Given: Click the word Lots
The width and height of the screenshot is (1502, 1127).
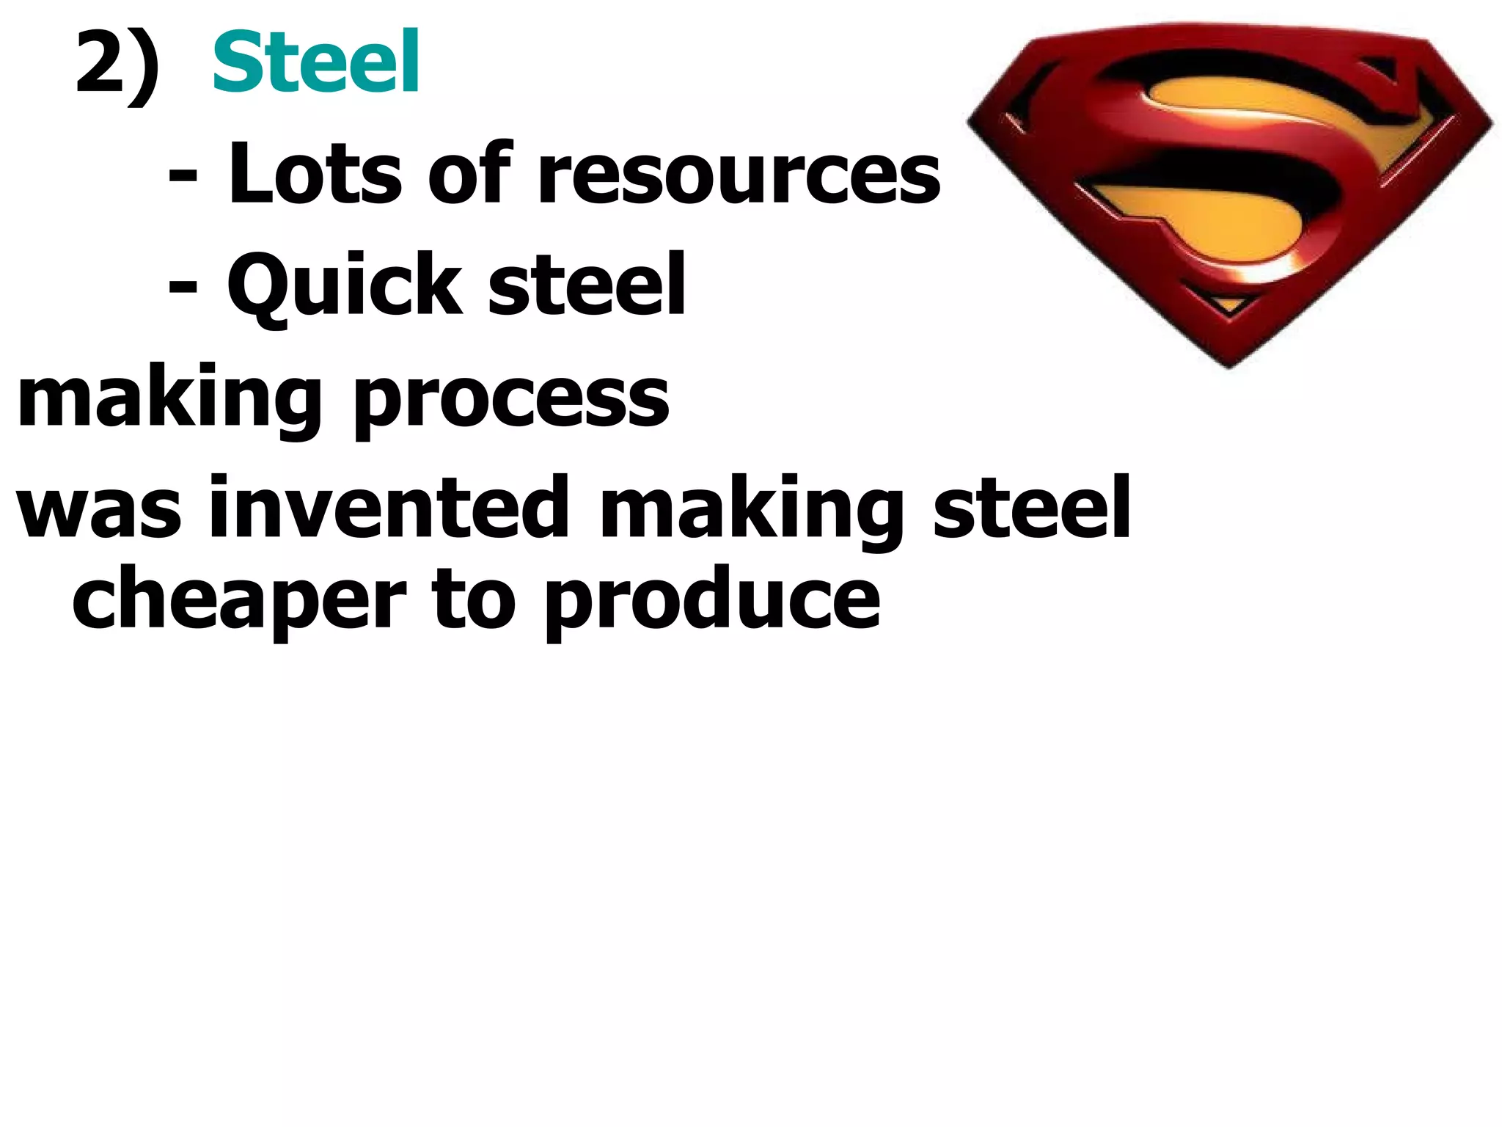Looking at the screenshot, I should click(x=315, y=174).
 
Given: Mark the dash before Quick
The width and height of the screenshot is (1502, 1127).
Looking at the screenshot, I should click(x=183, y=288).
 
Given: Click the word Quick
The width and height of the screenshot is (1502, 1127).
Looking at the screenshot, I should click(x=344, y=286).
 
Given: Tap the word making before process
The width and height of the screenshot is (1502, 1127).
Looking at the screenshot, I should click(x=169, y=400).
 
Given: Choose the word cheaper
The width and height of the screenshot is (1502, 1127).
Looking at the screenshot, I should click(x=239, y=602).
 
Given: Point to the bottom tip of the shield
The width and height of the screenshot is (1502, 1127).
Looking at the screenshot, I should click(x=1229, y=364).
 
